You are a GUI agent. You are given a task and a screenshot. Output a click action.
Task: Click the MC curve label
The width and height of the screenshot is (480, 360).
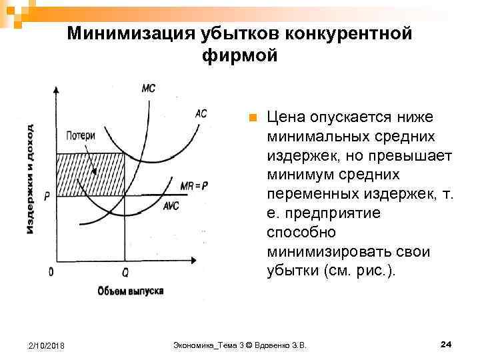149,88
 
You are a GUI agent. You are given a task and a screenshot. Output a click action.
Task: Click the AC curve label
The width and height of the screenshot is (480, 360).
201,113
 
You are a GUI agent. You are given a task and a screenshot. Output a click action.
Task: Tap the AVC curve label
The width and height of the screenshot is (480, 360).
171,205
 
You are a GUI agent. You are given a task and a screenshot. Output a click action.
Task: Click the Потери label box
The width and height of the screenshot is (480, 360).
81,136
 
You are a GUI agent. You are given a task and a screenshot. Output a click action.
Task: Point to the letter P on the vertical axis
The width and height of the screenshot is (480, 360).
47,197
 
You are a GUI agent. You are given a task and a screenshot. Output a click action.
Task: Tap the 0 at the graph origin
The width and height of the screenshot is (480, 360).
51,272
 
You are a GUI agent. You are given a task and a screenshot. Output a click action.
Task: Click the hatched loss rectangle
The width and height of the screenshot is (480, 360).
90,175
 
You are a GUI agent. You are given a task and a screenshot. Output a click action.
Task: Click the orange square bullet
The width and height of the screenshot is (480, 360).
252,119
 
